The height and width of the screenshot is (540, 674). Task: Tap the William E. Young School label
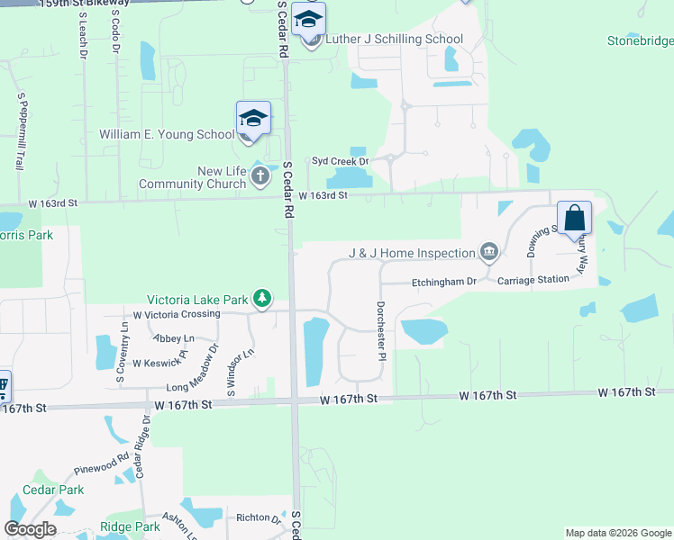[167, 135]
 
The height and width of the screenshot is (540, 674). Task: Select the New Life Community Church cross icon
[260, 175]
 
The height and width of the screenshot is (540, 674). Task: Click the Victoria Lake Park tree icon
[261, 297]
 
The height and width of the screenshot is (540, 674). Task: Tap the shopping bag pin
[575, 219]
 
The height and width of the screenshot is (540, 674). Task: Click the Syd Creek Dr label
[341, 161]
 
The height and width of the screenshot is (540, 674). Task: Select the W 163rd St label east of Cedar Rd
[323, 195]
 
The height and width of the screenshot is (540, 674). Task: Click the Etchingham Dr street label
[444, 282]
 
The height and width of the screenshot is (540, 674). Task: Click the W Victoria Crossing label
[177, 314]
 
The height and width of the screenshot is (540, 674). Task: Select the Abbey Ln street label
[174, 338]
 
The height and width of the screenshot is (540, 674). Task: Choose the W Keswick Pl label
[159, 364]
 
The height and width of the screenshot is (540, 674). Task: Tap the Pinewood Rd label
[101, 469]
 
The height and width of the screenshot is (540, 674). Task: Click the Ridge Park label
[130, 526]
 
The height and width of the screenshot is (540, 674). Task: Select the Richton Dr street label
[259, 517]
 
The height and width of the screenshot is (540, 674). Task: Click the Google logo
[30, 529]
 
